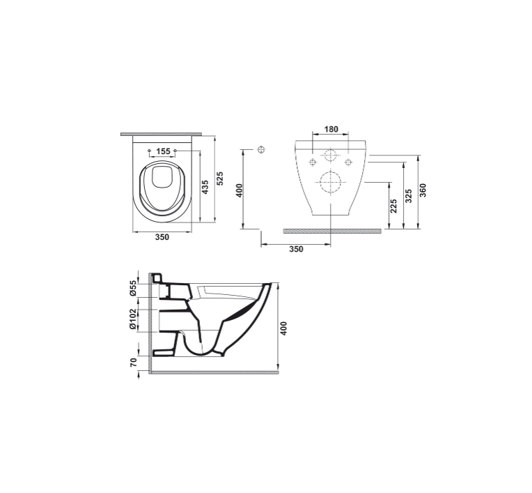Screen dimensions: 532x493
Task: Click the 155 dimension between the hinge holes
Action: pos(163,151)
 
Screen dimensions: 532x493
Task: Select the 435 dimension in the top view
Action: pos(205,187)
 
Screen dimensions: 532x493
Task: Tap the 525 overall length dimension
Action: pos(221,179)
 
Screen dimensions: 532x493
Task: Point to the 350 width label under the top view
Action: pos(162,237)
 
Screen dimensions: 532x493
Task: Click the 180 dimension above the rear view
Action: pos(331,130)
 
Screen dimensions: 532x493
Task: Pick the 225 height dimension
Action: pos(393,206)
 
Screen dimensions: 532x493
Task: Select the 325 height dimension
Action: pos(409,197)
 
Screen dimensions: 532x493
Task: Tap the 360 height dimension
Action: pos(423,190)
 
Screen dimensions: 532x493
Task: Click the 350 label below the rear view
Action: pos(296,249)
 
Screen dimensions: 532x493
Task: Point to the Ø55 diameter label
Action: pos(133,288)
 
